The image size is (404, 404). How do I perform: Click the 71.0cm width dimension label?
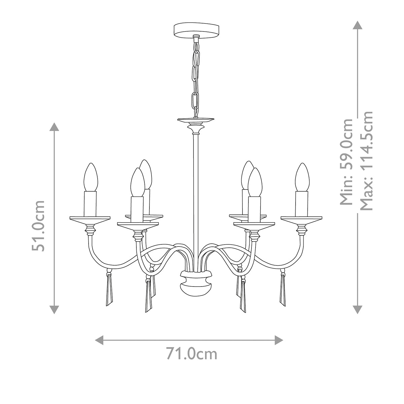click(x=191, y=354)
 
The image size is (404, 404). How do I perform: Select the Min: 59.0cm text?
click(x=347, y=162)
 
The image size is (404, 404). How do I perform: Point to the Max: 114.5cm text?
click(x=366, y=161)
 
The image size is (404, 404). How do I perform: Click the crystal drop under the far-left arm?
click(x=109, y=290)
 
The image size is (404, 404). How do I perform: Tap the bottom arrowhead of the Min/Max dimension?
click(x=358, y=309)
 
